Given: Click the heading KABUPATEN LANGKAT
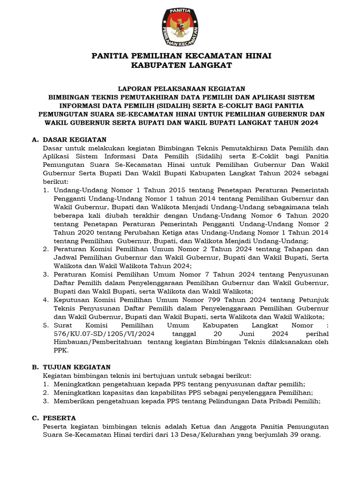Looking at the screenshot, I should tap(181, 65).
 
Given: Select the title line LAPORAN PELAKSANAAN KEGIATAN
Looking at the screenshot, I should tap(181, 88).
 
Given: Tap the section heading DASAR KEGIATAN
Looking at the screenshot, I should tap(75, 140).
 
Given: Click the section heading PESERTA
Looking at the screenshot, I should tap(59, 418).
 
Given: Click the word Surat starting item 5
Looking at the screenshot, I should tap(64, 325).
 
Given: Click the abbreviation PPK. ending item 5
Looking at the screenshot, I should tap(61, 350).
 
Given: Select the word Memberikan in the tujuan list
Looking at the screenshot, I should tap(75, 401).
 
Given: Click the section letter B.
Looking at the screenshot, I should tap(35, 367).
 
